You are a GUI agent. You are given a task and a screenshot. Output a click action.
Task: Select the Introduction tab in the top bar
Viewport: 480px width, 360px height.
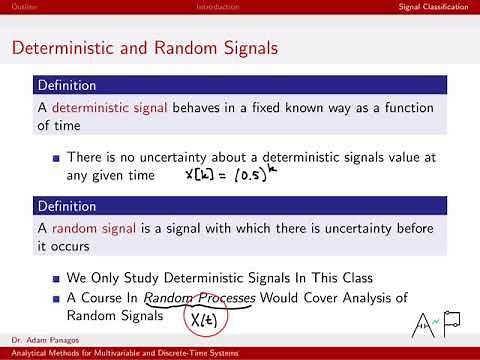coord(217,7)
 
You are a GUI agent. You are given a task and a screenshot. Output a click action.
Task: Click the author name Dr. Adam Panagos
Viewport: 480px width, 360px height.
coord(39,341)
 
